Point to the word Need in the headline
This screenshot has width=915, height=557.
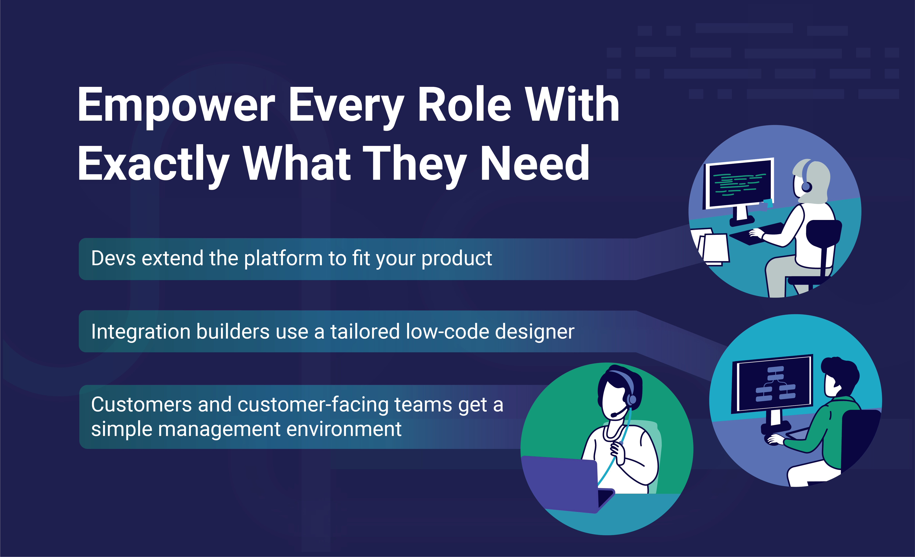pos(535,163)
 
